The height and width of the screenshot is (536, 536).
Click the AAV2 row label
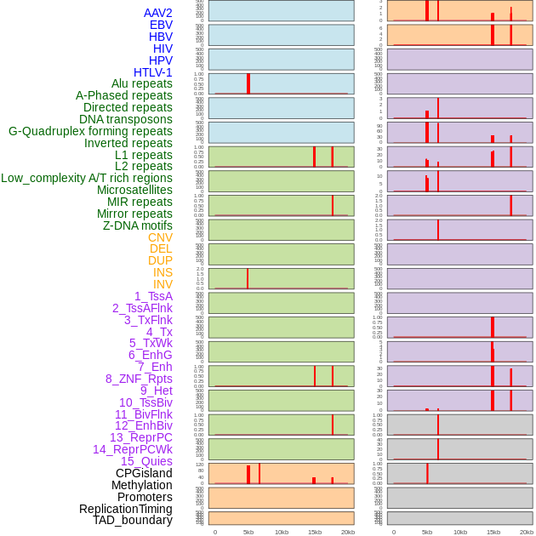(157, 13)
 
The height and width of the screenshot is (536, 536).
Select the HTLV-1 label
(152, 72)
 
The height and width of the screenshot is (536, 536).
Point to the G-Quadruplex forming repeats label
(90, 131)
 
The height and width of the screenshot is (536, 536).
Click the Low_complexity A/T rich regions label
(87, 178)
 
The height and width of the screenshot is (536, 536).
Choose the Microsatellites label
(134, 190)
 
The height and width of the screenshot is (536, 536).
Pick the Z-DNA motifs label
(137, 225)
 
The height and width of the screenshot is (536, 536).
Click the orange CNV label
(160, 237)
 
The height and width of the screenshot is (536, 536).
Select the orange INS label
(163, 272)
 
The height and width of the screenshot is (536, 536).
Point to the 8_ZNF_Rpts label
(139, 379)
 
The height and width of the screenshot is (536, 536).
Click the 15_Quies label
(146, 461)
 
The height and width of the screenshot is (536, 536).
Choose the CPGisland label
(144, 473)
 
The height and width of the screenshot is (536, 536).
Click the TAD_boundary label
(132, 520)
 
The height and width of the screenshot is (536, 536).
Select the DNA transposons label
(126, 119)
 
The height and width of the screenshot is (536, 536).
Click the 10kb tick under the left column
(282, 532)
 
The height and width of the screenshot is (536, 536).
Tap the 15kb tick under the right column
(493, 532)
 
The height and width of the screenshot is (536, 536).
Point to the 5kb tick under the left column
(248, 532)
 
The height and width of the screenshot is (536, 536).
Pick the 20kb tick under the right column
(527, 532)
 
